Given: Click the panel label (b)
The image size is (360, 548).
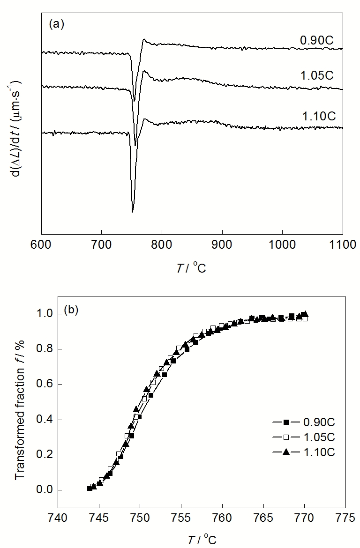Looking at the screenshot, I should pos(71,310).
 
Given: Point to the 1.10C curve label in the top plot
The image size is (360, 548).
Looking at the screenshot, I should pos(317,115).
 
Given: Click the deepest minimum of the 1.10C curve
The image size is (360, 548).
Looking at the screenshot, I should pos(133,212).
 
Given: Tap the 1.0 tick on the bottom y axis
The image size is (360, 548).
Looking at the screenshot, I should pos(45,314).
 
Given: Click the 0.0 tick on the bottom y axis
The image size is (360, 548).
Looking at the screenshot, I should pos(45,490).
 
